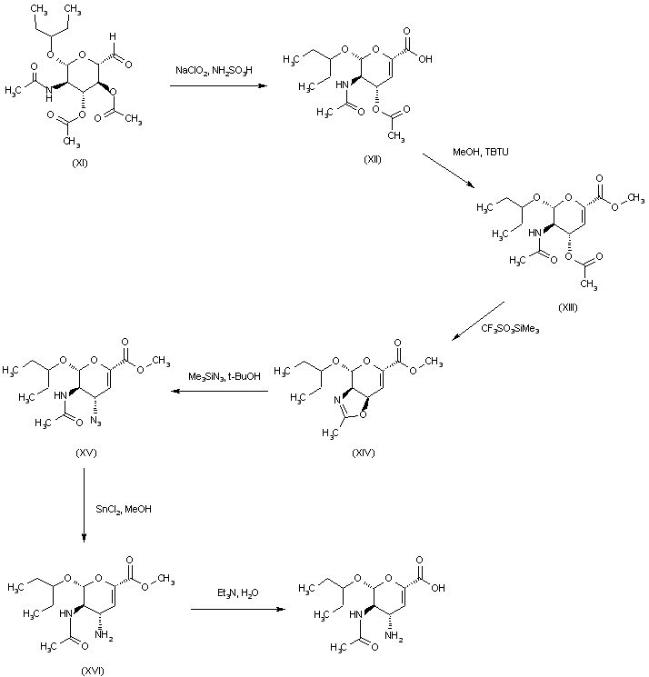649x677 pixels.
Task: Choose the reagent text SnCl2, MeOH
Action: (124, 509)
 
